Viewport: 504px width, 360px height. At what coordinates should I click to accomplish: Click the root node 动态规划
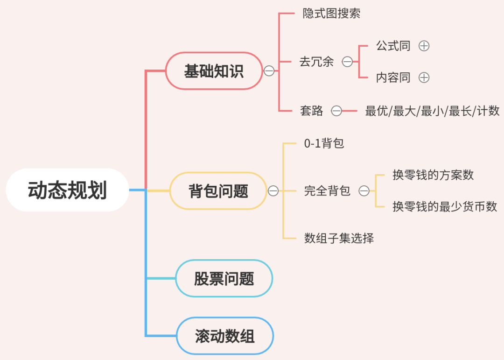pos(67,190)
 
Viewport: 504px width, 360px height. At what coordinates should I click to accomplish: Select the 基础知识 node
pos(214,71)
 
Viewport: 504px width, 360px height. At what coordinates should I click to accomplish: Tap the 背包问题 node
pos(218,191)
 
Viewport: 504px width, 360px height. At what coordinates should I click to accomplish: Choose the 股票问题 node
pos(224,278)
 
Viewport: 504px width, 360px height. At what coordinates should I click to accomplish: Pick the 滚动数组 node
pos(224,336)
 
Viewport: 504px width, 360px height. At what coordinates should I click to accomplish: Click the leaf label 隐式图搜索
pos(331,13)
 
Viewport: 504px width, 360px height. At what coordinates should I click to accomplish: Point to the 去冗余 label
pos(316,62)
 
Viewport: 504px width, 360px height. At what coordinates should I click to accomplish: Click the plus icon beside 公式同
pos(424,46)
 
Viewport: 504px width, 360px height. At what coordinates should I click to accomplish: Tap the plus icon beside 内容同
pos(424,78)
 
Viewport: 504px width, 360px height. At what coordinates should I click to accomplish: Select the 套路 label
pos(311,111)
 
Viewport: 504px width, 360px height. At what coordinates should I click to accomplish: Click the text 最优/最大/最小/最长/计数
pos(432,111)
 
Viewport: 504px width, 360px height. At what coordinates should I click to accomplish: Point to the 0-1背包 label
pos(324,143)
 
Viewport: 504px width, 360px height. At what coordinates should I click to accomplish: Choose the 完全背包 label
pos(327,191)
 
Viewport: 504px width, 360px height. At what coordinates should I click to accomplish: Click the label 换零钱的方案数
pos(433,175)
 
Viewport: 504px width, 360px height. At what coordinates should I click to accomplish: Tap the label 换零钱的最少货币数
pos(445,206)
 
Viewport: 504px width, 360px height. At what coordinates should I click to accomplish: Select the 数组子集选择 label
pos(339,239)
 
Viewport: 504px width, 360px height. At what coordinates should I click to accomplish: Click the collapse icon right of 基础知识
pos(269,71)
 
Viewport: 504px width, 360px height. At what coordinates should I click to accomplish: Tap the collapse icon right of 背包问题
pos(273,191)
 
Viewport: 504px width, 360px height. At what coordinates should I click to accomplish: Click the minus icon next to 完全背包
pos(364,191)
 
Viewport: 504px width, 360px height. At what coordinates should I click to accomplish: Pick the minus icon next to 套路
pos(336,111)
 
